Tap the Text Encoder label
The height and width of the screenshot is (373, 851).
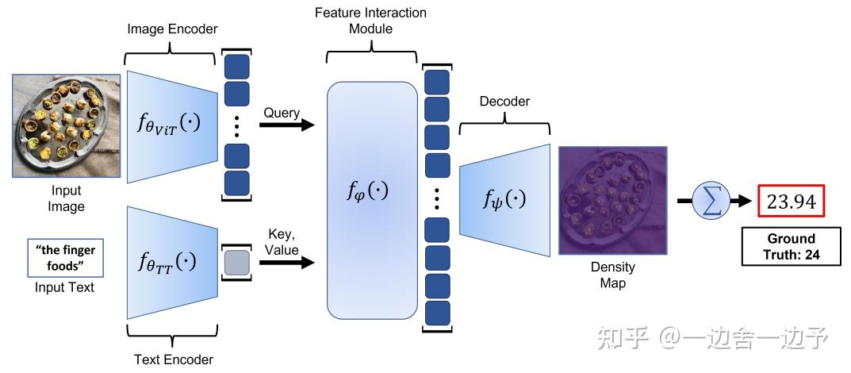pos(174,359)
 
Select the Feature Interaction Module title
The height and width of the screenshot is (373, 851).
pos(370,21)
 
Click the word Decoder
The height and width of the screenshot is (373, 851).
pos(504,102)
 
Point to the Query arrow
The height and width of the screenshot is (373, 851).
pos(286,125)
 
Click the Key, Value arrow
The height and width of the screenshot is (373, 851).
pos(286,263)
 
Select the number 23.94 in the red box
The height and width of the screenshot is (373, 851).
pos(791,202)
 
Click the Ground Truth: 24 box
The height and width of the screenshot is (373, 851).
pos(792,247)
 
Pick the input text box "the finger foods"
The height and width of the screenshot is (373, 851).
pos(64,259)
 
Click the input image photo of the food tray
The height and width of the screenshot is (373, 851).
pos(66,126)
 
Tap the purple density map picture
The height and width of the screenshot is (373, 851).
pos(613,200)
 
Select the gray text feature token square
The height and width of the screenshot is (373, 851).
pos(236,262)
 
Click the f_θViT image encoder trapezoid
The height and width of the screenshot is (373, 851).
pos(172,126)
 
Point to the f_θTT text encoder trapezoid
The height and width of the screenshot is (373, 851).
pos(172,262)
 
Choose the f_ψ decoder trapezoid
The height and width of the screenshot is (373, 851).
pos(504,200)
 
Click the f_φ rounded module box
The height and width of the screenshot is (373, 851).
pos(372,200)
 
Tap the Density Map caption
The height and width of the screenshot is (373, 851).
pos(613,275)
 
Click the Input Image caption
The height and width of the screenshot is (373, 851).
pos(66,198)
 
